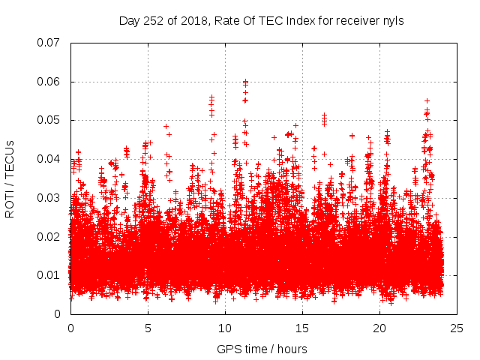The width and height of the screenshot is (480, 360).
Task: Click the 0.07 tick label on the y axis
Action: [x=49, y=42]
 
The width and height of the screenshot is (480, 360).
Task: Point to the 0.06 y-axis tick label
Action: [x=49, y=81]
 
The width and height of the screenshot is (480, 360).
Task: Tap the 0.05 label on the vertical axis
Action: [x=49, y=120]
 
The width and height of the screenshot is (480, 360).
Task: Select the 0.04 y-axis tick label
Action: [x=49, y=159]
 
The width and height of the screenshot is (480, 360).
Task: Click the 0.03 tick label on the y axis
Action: [x=49, y=198]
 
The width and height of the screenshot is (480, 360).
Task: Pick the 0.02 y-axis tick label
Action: [x=49, y=237]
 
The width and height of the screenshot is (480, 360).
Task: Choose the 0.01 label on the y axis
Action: [x=49, y=275]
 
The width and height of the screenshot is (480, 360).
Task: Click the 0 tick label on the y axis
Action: [x=57, y=314]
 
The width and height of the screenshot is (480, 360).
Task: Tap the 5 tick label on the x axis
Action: [x=148, y=328]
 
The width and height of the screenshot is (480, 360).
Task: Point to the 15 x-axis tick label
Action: [x=302, y=328]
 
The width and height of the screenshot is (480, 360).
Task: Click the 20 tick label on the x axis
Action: [x=379, y=328]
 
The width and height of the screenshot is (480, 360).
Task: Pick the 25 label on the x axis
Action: [x=457, y=328]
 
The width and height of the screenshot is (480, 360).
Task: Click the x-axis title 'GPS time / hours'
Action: [x=262, y=349]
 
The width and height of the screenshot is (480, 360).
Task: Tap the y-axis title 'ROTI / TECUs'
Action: [x=10, y=178]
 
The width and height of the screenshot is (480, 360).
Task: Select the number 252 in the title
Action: [x=154, y=21]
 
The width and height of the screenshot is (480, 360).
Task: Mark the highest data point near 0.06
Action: [x=245, y=81]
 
